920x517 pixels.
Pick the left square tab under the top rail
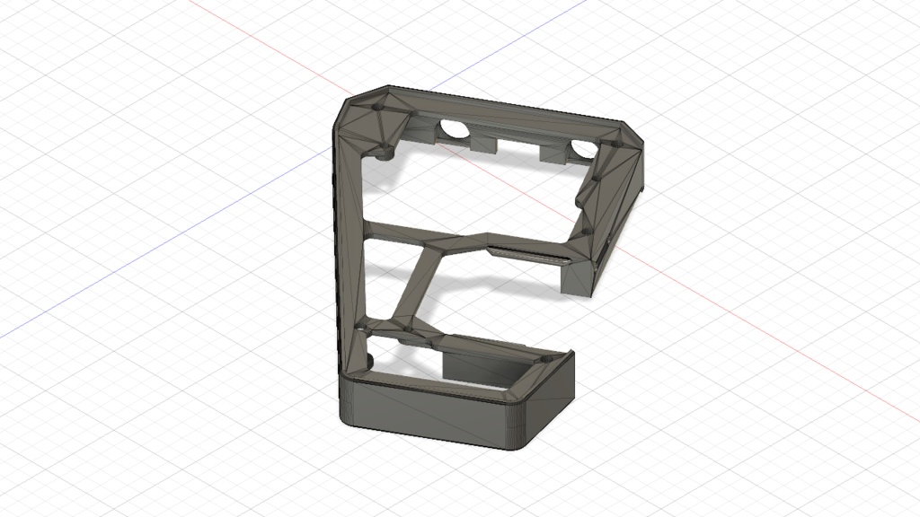485,143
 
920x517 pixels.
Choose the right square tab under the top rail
550,154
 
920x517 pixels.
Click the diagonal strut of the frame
419,285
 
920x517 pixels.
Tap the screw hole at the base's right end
543,359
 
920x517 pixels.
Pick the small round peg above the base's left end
368,361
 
